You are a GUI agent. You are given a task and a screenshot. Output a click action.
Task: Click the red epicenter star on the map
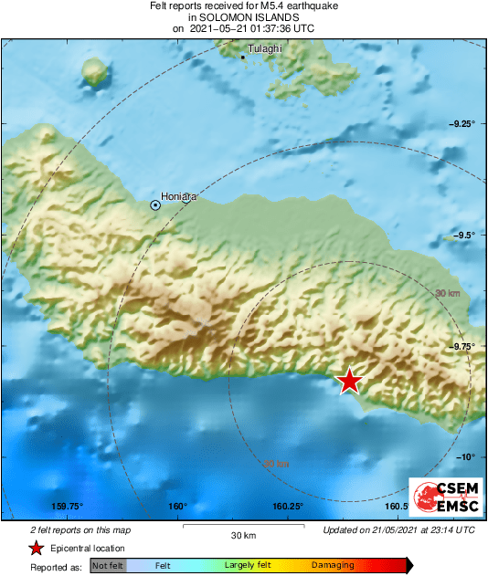[x=349, y=381]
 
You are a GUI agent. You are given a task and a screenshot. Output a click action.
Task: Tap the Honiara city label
[x=177, y=195]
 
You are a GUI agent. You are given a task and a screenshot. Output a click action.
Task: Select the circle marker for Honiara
[x=155, y=205]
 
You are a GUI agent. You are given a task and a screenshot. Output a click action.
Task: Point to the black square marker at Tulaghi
[x=242, y=58]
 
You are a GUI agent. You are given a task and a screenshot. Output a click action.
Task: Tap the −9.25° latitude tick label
[x=461, y=124]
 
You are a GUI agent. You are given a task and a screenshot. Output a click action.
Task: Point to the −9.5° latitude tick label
[x=464, y=235]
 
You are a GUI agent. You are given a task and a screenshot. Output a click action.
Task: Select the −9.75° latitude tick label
[x=461, y=346]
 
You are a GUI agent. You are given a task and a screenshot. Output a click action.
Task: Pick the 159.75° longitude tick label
[x=68, y=507]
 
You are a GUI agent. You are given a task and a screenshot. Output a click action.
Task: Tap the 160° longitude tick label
[x=177, y=507]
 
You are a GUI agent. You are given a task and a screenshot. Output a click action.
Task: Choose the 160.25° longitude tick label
[x=288, y=507]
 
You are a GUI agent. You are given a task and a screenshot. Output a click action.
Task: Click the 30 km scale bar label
[x=242, y=534]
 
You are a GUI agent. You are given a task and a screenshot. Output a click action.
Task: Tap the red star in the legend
[x=36, y=548]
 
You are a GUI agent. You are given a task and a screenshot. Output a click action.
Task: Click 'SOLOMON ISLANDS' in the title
[x=244, y=17]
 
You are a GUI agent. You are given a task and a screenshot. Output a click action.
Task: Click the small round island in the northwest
[x=94, y=71]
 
